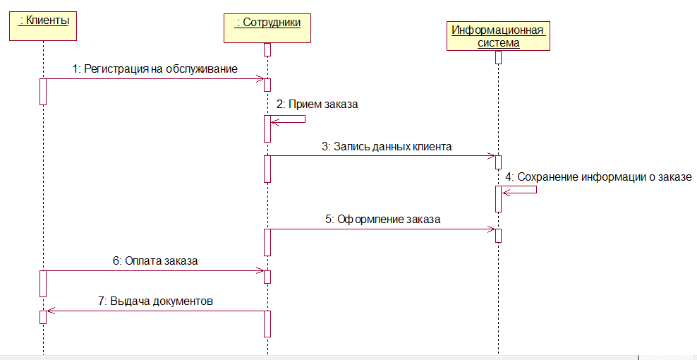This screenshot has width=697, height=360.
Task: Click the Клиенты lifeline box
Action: tap(43, 26)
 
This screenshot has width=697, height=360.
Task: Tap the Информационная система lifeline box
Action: tap(498, 36)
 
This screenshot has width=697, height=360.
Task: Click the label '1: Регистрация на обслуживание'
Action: tap(154, 69)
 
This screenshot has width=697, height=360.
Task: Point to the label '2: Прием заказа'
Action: tap(317, 104)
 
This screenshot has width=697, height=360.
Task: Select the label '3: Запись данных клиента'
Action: tap(387, 147)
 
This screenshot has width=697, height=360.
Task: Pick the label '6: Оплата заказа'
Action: tap(155, 260)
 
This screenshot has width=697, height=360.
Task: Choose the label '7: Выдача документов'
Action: tap(155, 301)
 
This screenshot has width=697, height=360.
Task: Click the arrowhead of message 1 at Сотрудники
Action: tap(260, 79)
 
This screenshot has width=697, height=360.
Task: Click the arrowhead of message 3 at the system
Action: tap(491, 156)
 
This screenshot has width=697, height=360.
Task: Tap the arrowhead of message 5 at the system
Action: tap(491, 229)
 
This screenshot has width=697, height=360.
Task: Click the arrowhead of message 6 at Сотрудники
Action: tap(260, 270)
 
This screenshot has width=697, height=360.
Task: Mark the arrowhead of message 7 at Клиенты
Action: tap(49, 311)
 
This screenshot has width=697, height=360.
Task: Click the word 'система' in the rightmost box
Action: tap(497, 43)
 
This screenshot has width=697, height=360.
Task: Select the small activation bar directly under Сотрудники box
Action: tap(268, 49)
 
